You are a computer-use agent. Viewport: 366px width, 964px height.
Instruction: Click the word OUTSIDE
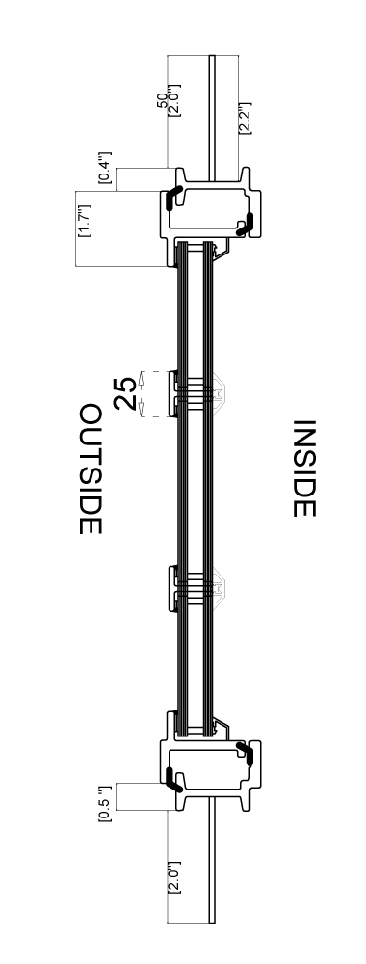tap(91, 469)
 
